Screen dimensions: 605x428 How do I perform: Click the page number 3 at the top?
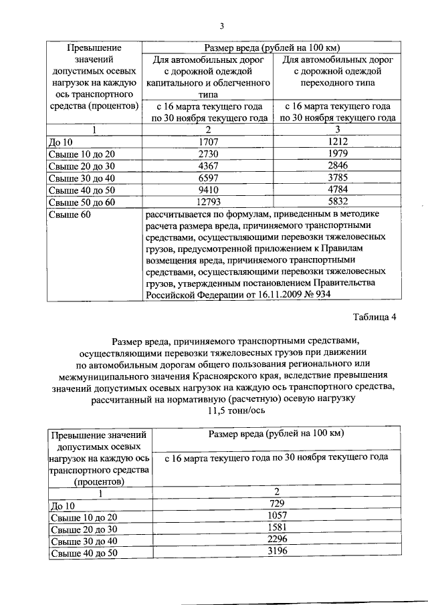[221, 27]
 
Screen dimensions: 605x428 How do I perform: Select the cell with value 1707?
[209, 142]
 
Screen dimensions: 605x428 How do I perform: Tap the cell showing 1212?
[338, 142]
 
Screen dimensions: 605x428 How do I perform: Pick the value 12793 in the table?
[209, 202]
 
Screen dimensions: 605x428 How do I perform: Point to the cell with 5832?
[338, 202]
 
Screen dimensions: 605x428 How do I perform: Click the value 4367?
[209, 166]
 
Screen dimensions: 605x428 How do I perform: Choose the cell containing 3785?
[338, 178]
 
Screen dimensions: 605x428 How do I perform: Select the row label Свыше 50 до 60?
[82, 202]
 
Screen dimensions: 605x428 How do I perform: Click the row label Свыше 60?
[70, 214]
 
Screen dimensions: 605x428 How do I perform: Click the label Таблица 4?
[374, 318]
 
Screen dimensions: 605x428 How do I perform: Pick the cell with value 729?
[276, 503]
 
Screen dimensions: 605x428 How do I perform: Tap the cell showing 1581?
[276, 527]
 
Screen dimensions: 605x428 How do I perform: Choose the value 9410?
[209, 190]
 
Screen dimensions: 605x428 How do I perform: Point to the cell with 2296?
[276, 539]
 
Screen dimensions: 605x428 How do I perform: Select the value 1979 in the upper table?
[338, 154]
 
